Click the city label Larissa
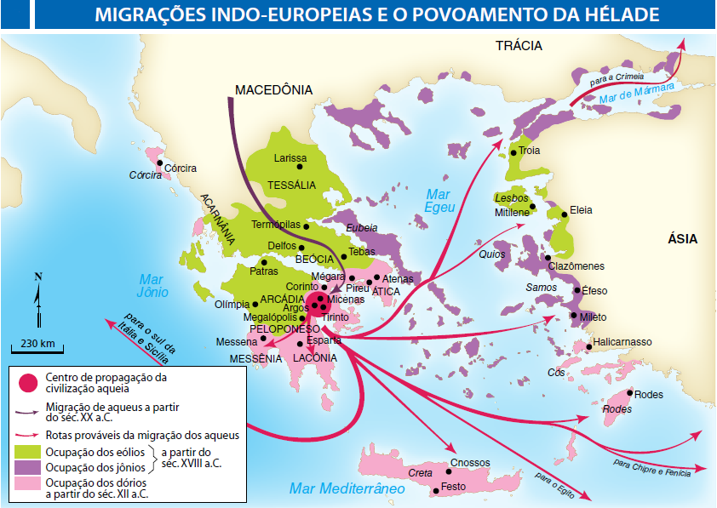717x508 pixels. click(290, 158)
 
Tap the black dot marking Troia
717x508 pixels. click(514, 152)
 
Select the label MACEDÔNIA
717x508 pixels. click(273, 90)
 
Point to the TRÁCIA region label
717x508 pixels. click(519, 47)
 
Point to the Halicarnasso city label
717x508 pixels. click(623, 342)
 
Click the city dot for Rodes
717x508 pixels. click(629, 393)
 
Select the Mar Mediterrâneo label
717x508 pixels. click(347, 488)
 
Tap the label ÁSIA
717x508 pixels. click(682, 239)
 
